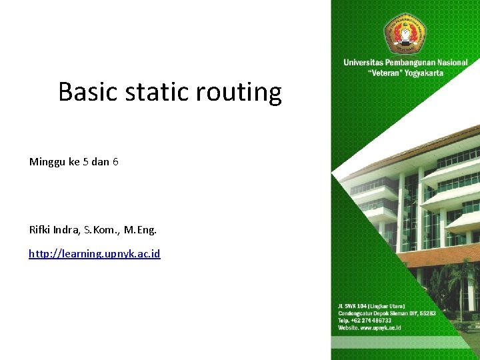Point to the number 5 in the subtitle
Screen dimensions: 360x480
pos(85,162)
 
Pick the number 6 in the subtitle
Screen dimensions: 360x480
pos(115,162)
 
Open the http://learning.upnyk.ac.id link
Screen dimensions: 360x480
pos(94,254)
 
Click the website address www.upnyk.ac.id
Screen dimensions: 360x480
pos(379,328)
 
